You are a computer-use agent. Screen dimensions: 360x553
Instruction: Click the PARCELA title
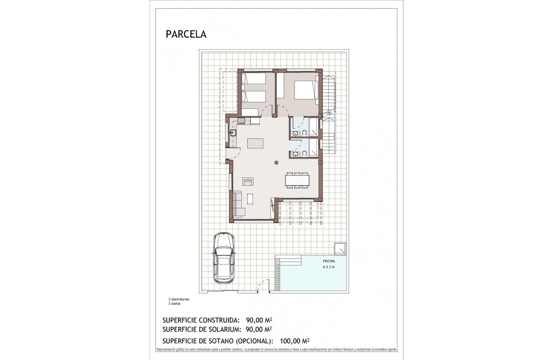coord(186,34)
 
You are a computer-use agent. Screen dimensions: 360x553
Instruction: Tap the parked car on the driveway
coord(224,258)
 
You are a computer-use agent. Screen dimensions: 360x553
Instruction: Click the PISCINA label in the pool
coord(329,261)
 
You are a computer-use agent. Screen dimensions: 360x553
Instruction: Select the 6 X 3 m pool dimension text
coord(329,267)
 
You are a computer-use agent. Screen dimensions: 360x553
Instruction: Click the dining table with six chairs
coord(297,180)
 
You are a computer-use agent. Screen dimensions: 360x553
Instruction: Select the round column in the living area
coord(276,162)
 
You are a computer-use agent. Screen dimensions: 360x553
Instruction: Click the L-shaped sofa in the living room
coord(238,205)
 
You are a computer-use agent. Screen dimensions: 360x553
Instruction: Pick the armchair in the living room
coord(248,181)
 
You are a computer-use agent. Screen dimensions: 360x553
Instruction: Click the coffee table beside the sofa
coord(250,199)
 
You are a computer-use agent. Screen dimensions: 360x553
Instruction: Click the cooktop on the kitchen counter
coord(242,121)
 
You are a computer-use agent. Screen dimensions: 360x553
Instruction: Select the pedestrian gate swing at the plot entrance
coord(260,286)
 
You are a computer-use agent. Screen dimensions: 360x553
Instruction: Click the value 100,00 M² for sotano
coord(295,341)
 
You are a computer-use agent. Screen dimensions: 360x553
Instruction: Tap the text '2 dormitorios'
coord(179,299)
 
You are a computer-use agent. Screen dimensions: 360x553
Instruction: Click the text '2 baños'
coord(174,303)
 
